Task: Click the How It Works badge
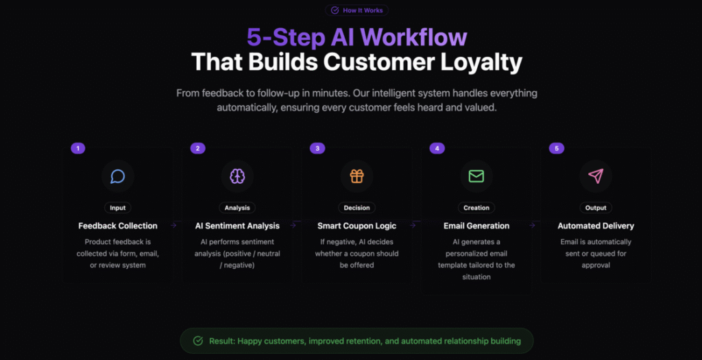(x=356, y=10)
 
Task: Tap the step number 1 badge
(x=78, y=148)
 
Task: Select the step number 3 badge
(x=317, y=148)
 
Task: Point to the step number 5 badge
(x=557, y=148)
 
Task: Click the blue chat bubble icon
(x=118, y=176)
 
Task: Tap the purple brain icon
(x=237, y=176)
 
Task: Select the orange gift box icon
(x=356, y=176)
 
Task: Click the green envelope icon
(x=476, y=176)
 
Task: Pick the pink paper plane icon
(x=596, y=176)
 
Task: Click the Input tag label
(x=118, y=208)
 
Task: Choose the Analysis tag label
(x=237, y=208)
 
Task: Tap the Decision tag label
(x=356, y=208)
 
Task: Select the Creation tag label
(x=476, y=208)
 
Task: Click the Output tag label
(x=596, y=208)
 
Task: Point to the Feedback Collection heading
(x=118, y=226)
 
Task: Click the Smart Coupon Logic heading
(x=356, y=226)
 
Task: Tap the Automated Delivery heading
(x=596, y=226)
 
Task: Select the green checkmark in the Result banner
(x=198, y=341)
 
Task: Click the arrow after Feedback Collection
(x=173, y=226)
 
